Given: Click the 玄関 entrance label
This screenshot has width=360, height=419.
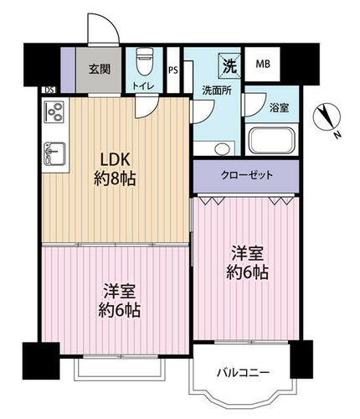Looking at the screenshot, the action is click(x=100, y=69).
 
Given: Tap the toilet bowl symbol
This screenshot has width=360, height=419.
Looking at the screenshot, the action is click(x=145, y=61).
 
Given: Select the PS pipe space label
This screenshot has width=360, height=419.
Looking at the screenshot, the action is click(x=173, y=70).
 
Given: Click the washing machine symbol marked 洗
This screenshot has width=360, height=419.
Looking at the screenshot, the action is click(x=229, y=66).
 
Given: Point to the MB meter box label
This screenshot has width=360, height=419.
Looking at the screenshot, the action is click(x=263, y=65).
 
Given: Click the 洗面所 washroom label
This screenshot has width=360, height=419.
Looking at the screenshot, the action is click(x=217, y=91).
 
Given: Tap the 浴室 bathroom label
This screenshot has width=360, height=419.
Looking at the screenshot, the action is click(x=279, y=108).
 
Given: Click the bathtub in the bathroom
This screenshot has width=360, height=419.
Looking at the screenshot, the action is click(x=271, y=141).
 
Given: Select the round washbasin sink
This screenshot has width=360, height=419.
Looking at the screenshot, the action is click(x=223, y=148).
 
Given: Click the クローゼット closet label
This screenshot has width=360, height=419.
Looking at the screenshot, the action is click(x=246, y=175).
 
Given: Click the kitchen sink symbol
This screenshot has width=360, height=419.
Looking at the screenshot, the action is click(x=55, y=153).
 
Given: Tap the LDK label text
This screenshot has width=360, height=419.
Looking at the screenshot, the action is click(x=115, y=160).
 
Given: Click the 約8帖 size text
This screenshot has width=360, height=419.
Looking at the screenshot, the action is click(x=115, y=178).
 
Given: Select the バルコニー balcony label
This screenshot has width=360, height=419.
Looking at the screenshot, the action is click(x=244, y=373).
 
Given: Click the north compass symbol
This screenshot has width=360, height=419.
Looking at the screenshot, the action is click(x=327, y=117).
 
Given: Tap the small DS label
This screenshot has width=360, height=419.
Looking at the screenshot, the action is click(x=49, y=90).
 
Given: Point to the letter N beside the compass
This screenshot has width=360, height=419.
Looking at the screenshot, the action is click(x=338, y=135).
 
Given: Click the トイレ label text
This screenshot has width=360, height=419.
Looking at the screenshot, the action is click(x=143, y=86).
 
